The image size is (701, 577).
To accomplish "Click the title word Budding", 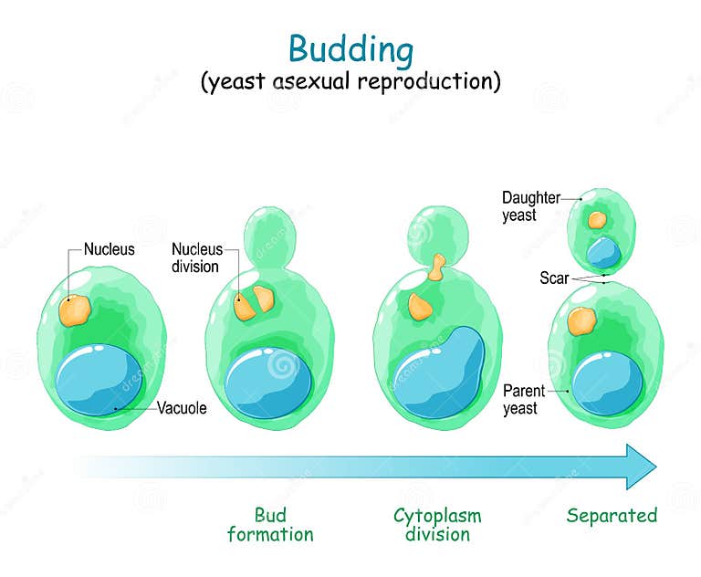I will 350,47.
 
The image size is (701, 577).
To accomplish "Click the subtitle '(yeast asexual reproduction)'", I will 350,82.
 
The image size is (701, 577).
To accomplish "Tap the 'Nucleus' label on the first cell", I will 109,249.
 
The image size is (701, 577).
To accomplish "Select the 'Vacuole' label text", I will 182,408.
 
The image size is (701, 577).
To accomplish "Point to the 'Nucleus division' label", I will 195,257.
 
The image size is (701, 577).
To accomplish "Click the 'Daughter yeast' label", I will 530,205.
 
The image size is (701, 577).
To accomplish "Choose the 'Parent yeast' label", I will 523,399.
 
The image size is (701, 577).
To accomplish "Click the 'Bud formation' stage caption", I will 270,525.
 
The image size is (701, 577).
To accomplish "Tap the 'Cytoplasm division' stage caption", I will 437,525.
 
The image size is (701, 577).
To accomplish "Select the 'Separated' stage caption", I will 612,516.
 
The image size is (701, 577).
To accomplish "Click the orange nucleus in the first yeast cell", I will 74,310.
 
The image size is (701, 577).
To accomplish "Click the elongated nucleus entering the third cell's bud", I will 438,267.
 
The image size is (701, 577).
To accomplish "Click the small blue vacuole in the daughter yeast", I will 603,252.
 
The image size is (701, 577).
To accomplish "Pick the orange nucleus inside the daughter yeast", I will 596,220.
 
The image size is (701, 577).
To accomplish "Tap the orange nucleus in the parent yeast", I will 581,320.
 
